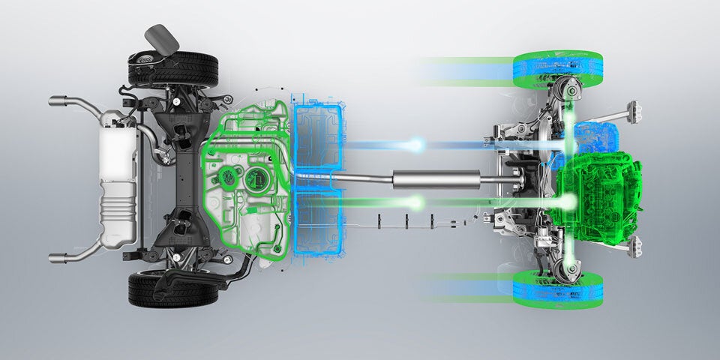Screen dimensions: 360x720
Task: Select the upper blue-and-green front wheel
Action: pos(557,65)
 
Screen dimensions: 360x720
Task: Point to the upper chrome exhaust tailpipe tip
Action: pos(61,100)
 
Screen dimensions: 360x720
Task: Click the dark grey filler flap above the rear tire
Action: pos(161,38)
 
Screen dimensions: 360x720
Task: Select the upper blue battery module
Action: pos(318,136)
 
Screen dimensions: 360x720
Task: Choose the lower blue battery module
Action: pos(319,222)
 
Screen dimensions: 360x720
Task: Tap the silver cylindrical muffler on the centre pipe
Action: pos(436,180)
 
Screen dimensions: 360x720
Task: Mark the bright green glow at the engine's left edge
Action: pos(569,201)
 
